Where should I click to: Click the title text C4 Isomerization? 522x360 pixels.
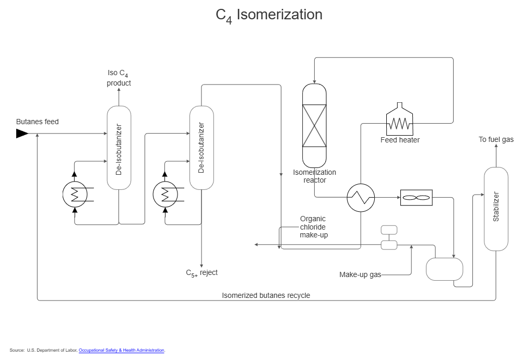click(x=269, y=15)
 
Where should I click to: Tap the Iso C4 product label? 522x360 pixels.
click(x=118, y=78)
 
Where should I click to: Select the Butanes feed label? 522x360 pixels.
click(x=37, y=122)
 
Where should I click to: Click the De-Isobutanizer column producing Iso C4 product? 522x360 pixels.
click(x=118, y=148)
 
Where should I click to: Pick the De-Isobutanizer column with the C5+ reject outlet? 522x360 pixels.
click(x=201, y=148)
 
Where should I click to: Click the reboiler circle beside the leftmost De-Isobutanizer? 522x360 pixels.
click(x=75, y=195)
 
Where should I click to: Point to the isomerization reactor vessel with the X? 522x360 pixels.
click(x=314, y=126)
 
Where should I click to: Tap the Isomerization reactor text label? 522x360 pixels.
click(x=314, y=176)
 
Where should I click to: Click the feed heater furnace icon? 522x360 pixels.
click(x=399, y=121)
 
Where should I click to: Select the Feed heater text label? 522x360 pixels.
click(x=400, y=140)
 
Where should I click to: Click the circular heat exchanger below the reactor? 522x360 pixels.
click(x=361, y=198)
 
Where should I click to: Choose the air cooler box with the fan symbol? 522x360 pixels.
click(x=416, y=198)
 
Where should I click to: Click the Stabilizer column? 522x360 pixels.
click(x=495, y=209)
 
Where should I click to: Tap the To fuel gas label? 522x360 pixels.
click(x=496, y=139)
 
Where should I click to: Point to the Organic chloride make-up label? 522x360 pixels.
click(x=314, y=227)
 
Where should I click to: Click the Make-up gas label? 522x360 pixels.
click(x=360, y=274)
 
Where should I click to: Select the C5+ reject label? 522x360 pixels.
click(x=201, y=273)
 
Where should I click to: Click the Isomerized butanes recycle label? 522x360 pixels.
click(x=266, y=295)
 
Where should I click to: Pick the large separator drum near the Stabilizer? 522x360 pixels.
click(x=444, y=269)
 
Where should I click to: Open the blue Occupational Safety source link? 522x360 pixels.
click(x=122, y=351)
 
